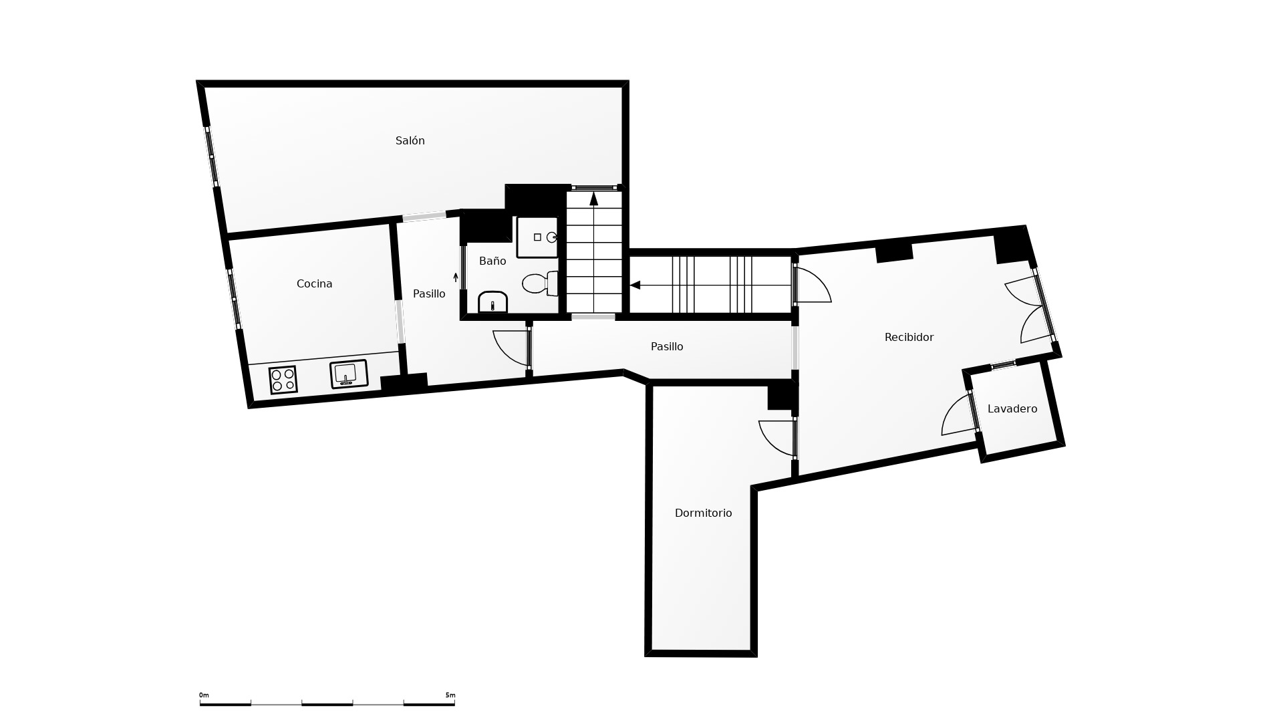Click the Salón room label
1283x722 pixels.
[410, 140]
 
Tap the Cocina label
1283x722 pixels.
[314, 283]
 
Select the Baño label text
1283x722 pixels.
[492, 261]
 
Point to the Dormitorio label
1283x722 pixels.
[703, 513]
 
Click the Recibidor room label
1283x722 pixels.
[909, 337]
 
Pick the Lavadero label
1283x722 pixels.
[1012, 408]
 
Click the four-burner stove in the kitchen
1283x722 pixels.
[283, 380]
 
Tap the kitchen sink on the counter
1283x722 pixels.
[349, 374]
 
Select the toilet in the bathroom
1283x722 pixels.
[540, 283]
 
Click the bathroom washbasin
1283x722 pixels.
[492, 302]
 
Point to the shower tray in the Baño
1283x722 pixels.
[537, 237]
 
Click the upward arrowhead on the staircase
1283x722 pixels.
[593, 199]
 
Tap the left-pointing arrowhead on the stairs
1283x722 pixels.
[635, 285]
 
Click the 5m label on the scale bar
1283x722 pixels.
[450, 695]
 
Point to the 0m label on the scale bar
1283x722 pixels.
[204, 695]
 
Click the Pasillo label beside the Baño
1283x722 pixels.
[429, 293]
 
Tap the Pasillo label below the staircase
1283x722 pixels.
[667, 346]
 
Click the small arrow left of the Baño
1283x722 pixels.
[456, 277]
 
